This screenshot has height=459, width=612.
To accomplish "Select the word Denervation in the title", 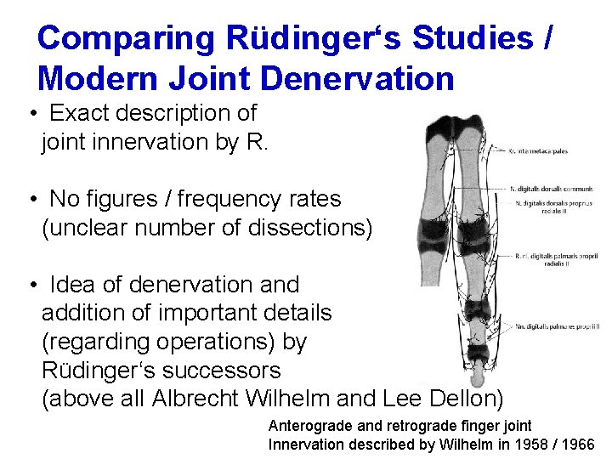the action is tap(359, 79).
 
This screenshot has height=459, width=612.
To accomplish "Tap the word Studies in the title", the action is tap(475, 38).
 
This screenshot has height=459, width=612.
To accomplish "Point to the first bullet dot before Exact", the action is tap(31, 113).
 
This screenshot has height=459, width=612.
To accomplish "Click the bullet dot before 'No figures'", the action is tap(31, 200).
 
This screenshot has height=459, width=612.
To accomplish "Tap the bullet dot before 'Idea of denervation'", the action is tap(31, 285).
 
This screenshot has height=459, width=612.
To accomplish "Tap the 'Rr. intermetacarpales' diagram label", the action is tap(538, 151).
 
